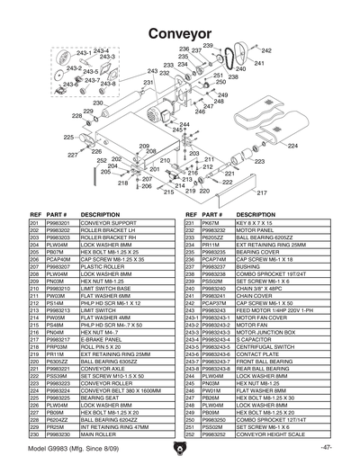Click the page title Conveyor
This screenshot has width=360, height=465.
[180, 30]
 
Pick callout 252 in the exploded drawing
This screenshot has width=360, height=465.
[102, 160]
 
